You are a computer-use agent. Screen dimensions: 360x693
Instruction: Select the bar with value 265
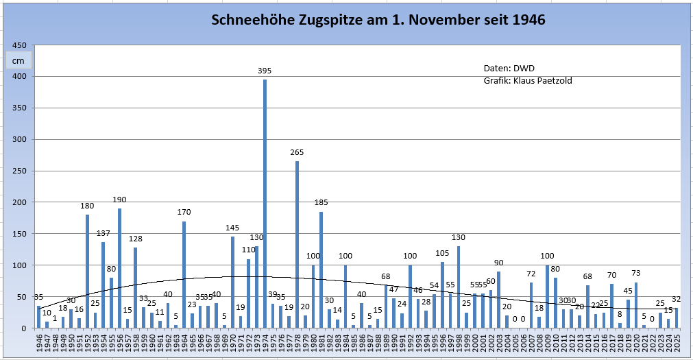click(297, 245)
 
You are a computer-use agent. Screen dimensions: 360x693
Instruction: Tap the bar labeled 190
click(119, 268)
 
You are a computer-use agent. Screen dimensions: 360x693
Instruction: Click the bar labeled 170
click(184, 274)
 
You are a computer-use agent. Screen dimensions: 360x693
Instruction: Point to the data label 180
click(87, 206)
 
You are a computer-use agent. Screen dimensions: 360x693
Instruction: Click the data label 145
click(232, 228)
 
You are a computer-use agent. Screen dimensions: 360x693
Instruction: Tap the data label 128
click(135, 239)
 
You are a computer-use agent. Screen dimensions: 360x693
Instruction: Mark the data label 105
click(442, 253)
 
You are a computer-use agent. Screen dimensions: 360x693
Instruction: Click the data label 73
click(636, 273)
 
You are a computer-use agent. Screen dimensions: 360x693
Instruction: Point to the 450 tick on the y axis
click(21, 45)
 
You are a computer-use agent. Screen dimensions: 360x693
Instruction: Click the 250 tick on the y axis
click(21, 171)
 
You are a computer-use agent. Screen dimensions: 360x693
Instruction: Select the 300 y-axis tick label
click(21, 139)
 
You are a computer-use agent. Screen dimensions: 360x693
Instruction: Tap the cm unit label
click(18, 60)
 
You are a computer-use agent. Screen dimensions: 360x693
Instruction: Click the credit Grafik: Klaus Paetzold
click(528, 81)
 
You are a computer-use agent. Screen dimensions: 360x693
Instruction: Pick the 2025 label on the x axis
click(677, 341)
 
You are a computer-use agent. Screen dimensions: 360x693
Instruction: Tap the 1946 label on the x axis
click(39, 341)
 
